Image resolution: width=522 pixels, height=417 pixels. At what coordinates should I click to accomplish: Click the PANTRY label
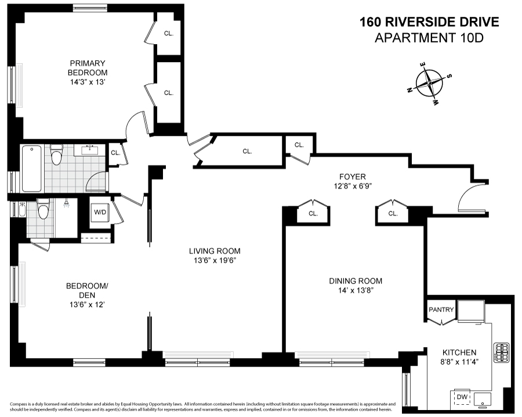coord(441,310)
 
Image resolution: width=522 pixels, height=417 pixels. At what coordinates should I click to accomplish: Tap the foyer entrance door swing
coord(471,197)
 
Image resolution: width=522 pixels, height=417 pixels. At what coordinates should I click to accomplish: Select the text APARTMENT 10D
coord(429,38)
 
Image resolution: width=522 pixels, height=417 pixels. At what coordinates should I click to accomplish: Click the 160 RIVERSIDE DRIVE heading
coord(429,22)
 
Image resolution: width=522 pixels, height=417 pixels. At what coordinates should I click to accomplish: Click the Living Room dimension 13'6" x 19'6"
coord(214,261)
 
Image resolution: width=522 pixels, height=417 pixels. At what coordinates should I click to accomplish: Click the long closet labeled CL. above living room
coord(247,152)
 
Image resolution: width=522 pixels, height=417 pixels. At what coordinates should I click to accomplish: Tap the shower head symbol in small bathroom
coord(67,204)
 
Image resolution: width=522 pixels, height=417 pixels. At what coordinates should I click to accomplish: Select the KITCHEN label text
coord(459,353)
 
